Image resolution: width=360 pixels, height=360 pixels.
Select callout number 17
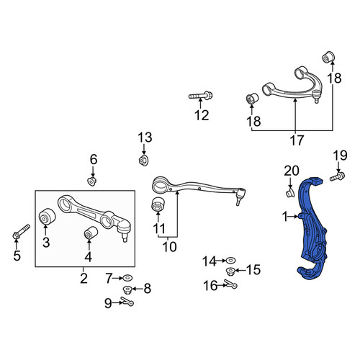coord(297,140)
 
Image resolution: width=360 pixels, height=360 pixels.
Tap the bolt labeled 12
coord(200,96)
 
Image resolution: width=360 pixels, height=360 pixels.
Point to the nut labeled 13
coord(144,160)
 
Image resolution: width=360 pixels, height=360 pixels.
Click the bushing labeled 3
coord(47,216)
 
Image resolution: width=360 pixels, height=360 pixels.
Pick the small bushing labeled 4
coord(91,234)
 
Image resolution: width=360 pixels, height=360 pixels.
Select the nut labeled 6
coord(91,181)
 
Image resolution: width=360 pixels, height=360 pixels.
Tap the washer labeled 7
coord(127,278)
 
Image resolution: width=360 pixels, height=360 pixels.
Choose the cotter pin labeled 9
coord(127,301)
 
